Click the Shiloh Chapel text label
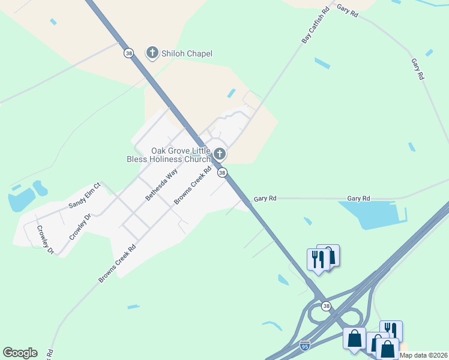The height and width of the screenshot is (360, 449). click(187, 54)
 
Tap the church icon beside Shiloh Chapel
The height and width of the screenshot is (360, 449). click(152, 53)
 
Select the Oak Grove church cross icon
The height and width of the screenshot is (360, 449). click(220, 154)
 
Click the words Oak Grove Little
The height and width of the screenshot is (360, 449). click(179, 151)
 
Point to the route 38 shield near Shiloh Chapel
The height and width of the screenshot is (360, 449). click(129, 53)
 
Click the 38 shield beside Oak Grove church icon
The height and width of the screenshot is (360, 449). click(222, 173)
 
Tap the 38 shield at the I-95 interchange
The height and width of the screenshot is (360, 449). click(326, 306)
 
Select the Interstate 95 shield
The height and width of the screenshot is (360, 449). click(305, 346)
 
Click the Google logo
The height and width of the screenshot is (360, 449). click(20, 353)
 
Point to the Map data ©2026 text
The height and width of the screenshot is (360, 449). click(424, 355)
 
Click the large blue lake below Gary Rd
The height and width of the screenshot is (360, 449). click(372, 215)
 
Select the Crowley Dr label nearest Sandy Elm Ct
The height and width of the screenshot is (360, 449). click(80, 227)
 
